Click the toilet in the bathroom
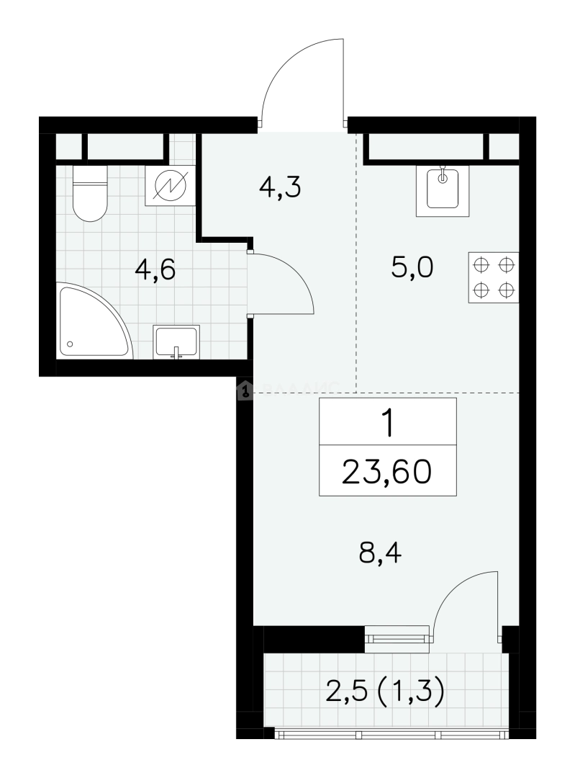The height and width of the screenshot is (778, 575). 90,193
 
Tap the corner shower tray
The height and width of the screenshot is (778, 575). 94,321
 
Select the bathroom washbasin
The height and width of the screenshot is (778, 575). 176,341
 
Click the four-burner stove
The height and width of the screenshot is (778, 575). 493,277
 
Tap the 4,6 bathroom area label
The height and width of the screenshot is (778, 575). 155,271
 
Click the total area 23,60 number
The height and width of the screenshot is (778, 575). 386,472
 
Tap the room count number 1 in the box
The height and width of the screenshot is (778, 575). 388,424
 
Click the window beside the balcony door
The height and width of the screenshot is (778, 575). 397,639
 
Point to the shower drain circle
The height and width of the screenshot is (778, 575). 70,344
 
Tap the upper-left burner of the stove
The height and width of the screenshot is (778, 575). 480,265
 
